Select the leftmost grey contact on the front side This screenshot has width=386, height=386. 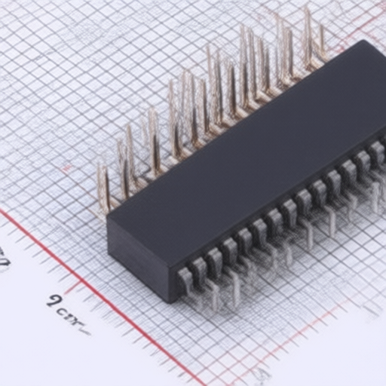(x=185, y=283)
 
